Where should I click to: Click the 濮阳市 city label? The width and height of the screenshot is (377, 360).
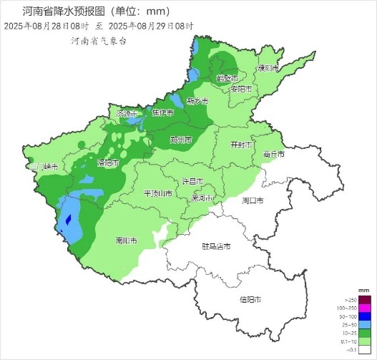pyautogui.click(x=268, y=68)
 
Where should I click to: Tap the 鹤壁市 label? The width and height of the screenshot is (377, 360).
pyautogui.click(x=227, y=78)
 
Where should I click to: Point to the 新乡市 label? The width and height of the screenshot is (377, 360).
pyautogui.click(x=197, y=101)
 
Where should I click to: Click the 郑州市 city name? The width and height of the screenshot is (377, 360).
pyautogui.click(x=181, y=140)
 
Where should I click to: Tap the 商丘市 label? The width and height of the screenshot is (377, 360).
pyautogui.click(x=273, y=154)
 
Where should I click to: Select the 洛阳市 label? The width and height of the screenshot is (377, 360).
pyautogui.click(x=108, y=162)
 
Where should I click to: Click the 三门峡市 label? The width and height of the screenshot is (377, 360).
pyautogui.click(x=41, y=166)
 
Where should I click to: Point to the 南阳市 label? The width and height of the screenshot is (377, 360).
pyautogui.click(x=127, y=241)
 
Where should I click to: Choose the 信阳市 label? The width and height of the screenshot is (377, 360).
pyautogui.click(x=250, y=299)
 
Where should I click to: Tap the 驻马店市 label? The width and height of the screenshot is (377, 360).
pyautogui.click(x=215, y=247)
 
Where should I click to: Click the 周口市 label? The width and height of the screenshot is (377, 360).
pyautogui.click(x=253, y=200)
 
